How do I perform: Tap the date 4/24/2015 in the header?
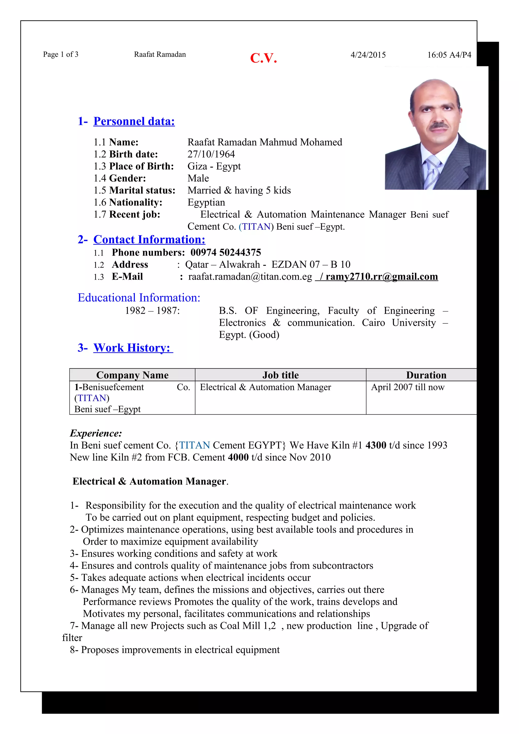[368, 55]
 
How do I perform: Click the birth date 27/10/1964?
[211, 154]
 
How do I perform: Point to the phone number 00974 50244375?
[226, 253]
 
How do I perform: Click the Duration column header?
[426, 375]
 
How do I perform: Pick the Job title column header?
[281, 375]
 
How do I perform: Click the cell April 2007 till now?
[407, 387]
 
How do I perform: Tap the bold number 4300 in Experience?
[376, 445]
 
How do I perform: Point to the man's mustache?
[439, 126]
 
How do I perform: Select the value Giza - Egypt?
[214, 166]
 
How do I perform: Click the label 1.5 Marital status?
[134, 190]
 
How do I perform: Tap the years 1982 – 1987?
[152, 311]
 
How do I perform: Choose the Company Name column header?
[132, 375]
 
